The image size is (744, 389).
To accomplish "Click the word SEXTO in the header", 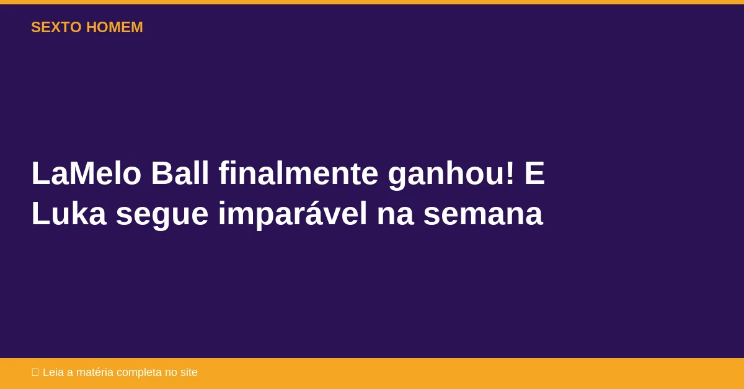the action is click(x=56, y=27).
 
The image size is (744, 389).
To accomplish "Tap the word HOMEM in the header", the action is click(x=115, y=27).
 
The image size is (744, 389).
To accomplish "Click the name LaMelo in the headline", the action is click(x=86, y=173).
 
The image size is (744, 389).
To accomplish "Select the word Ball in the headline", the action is click(x=180, y=173).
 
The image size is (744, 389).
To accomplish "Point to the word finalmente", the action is click(x=298, y=173).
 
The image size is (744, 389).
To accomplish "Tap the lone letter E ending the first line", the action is click(x=534, y=173).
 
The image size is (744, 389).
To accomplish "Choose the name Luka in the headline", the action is click(x=69, y=213).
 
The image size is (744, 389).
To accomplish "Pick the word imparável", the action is click(x=293, y=215).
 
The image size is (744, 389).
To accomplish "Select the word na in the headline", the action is click(x=396, y=216).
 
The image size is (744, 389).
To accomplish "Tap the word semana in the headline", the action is click(x=483, y=216).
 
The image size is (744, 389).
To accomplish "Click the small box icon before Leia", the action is click(x=35, y=372).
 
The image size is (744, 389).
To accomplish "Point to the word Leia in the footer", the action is click(x=53, y=372).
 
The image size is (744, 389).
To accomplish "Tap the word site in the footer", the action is click(x=189, y=372).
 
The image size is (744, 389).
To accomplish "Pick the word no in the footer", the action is click(x=171, y=374).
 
